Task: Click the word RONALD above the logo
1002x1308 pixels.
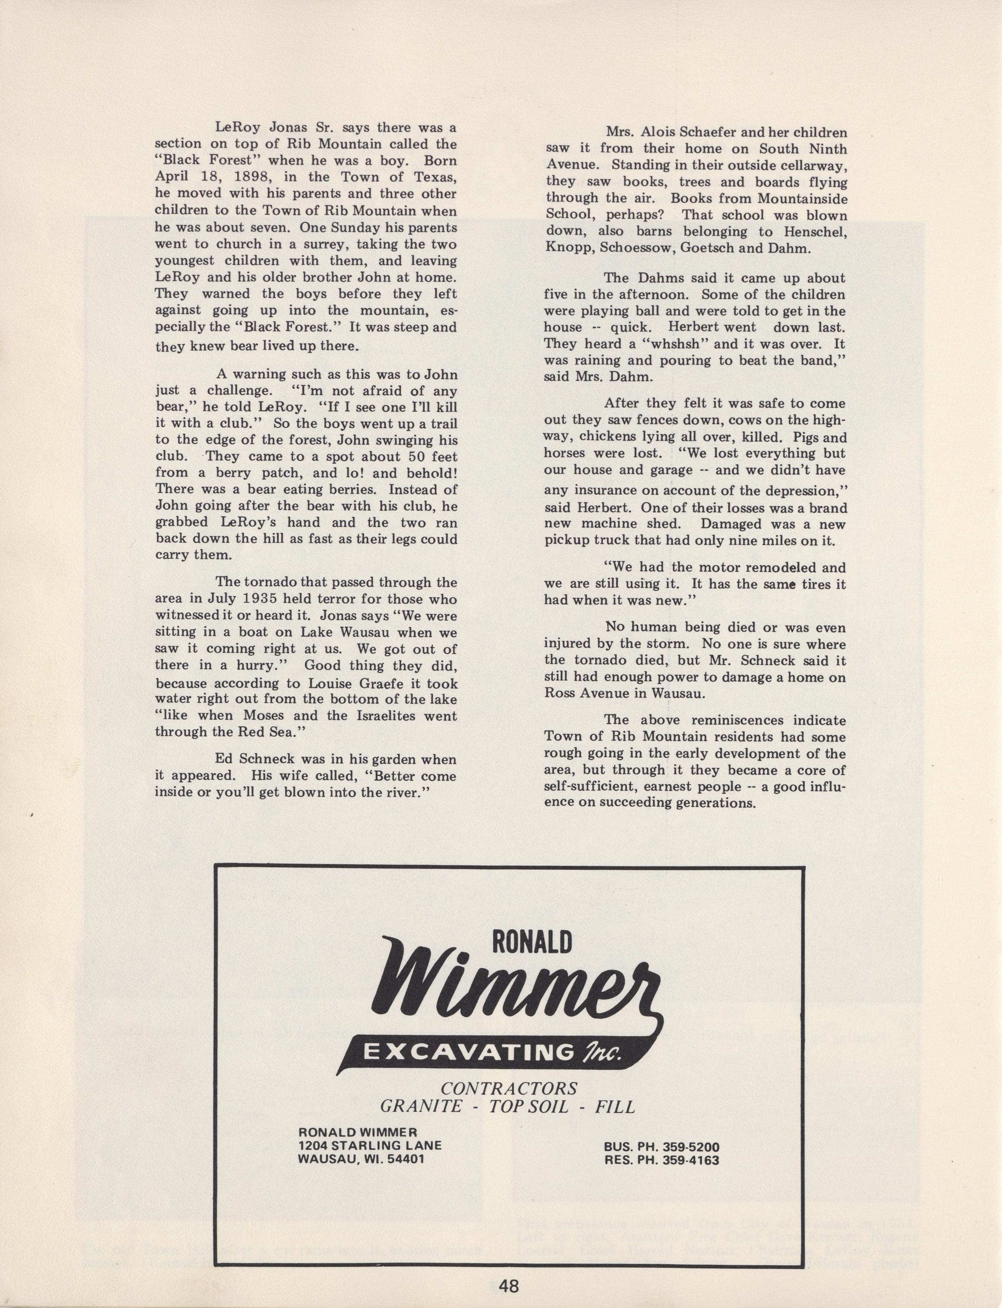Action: point(532,942)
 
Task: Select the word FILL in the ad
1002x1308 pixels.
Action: point(615,1107)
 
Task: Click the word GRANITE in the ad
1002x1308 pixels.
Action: point(421,1107)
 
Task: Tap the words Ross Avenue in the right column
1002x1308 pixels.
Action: point(582,693)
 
